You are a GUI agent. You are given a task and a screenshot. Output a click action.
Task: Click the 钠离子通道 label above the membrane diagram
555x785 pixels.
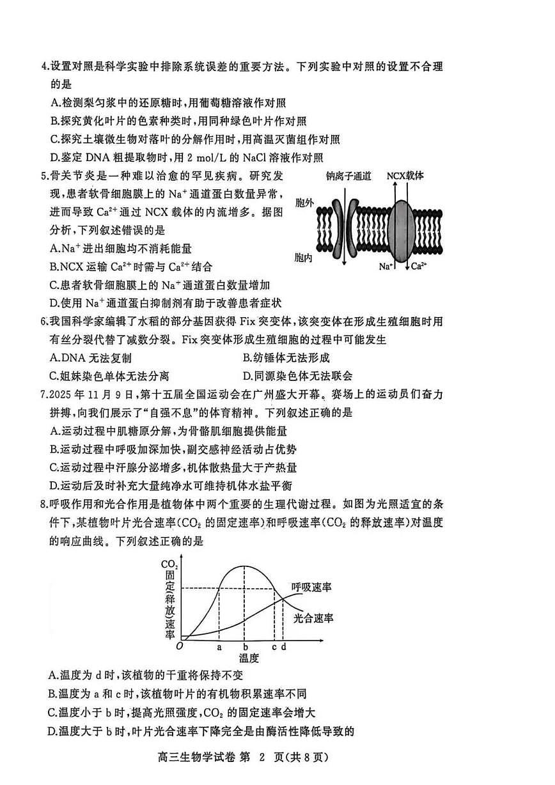point(348,176)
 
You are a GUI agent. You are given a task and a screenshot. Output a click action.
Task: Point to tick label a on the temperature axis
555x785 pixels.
point(219,646)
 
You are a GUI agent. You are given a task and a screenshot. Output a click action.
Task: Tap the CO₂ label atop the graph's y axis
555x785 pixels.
point(170,564)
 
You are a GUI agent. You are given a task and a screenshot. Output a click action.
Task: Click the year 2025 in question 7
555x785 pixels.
point(59,395)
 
